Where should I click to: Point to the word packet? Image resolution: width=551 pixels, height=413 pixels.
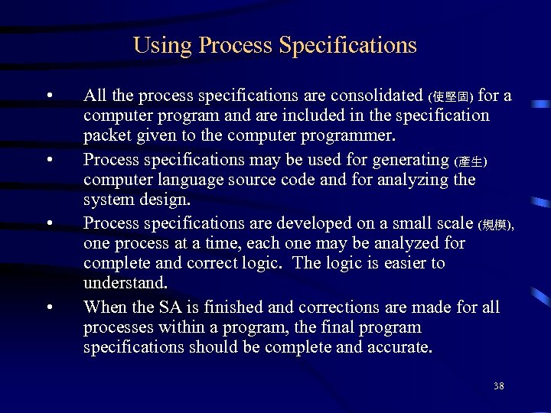[x=106, y=136]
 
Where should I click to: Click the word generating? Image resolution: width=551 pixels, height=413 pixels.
[x=410, y=160]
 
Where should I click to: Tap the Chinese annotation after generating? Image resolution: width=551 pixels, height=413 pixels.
[x=470, y=161]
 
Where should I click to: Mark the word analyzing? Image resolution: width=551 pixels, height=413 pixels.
[x=417, y=180]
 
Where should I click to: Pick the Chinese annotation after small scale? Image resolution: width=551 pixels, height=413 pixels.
[x=496, y=226]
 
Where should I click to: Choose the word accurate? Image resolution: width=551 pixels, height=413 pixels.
[x=397, y=348]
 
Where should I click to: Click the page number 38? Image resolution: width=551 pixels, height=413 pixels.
[x=498, y=386]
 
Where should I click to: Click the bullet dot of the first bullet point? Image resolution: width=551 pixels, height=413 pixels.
[x=48, y=96]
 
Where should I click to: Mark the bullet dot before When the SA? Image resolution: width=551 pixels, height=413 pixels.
[x=48, y=308]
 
